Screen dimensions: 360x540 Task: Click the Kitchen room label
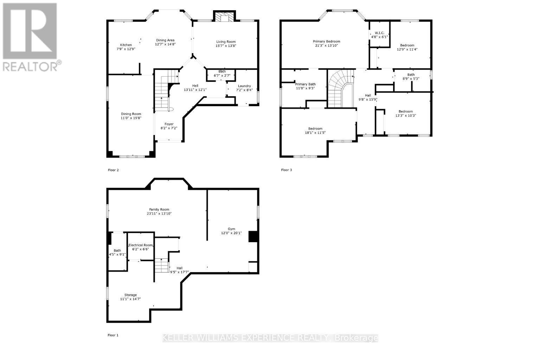coord(126,45)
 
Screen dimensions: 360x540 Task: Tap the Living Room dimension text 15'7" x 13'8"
coord(226,46)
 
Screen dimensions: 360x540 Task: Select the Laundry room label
coord(244,86)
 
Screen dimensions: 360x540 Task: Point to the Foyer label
coord(169,124)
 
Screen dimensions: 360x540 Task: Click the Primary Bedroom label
coord(327,41)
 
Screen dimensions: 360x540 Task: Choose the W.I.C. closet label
coord(379,33)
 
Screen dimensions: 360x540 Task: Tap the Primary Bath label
coord(305,84)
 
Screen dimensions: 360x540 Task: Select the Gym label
coord(231,229)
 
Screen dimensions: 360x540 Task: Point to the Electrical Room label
coord(141,245)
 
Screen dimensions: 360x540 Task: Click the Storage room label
coord(130,295)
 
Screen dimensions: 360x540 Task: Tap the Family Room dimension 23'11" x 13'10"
coord(159,214)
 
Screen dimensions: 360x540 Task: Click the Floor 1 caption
coord(113,335)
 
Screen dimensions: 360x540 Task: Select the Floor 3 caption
coord(287,170)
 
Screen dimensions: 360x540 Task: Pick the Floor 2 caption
coord(113,170)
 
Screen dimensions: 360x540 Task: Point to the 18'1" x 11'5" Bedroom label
coord(315,129)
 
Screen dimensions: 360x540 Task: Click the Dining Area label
coord(165,40)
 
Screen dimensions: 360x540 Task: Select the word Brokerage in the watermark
coord(356,338)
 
